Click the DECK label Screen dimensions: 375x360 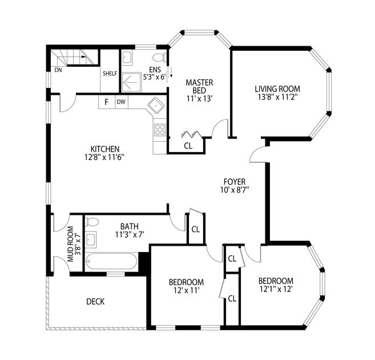coord(95,302)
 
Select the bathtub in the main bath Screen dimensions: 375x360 coord(111,261)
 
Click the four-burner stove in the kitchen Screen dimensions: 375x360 coord(160,130)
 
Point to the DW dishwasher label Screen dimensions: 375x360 coord(121,102)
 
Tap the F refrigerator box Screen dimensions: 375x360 coord(107,102)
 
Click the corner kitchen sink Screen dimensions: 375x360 coord(156,105)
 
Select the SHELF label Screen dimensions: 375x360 coord(110,74)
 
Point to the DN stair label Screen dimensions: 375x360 coord(58,70)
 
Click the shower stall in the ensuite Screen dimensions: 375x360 coord(131,82)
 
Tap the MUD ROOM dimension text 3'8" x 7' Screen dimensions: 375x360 coord(78,244)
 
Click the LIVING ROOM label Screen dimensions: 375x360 coord(277,89)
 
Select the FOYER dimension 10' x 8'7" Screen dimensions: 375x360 coord(235,190)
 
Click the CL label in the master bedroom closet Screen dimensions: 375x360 coord(188,146)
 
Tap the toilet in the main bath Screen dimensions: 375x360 coord(92,222)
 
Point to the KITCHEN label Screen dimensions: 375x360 coord(105,149)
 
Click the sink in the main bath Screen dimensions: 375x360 coord(91,239)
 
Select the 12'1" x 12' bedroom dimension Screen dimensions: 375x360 coord(276,289)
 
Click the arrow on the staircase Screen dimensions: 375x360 coord(83,57)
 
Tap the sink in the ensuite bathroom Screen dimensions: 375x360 coord(127,57)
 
